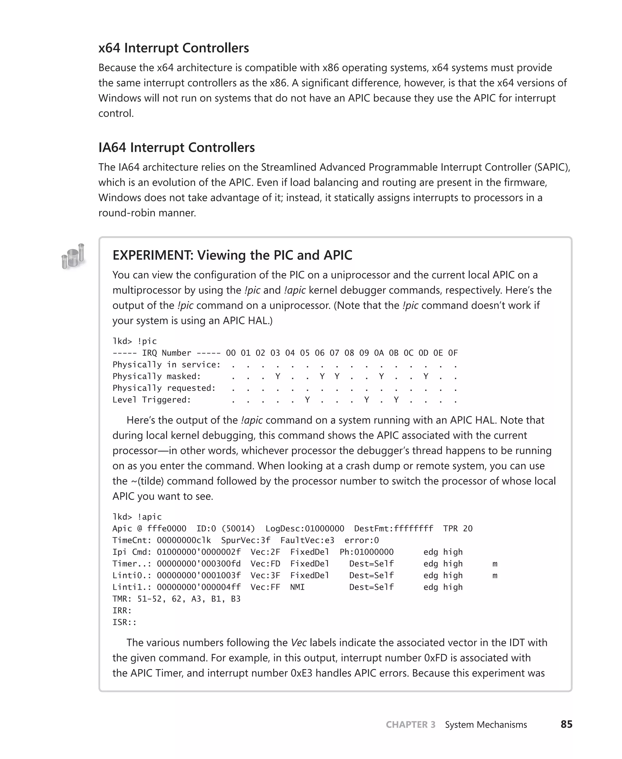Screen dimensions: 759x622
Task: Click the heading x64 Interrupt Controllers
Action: click(173, 48)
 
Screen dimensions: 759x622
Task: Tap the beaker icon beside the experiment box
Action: click(73, 256)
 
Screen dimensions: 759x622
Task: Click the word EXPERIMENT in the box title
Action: click(153, 255)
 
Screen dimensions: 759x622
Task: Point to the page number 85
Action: click(566, 724)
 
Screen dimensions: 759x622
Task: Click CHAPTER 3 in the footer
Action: click(410, 724)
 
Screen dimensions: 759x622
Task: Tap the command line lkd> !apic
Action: click(137, 516)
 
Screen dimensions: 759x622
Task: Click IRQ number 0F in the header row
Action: click(453, 353)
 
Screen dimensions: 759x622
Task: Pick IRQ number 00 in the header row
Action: click(231, 353)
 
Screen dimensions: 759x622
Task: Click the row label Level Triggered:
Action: click(152, 400)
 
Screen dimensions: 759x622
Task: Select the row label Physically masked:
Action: click(157, 376)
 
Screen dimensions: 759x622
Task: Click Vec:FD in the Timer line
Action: click(265, 563)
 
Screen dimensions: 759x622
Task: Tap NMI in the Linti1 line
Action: click(297, 587)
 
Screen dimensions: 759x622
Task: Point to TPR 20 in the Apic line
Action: click(458, 528)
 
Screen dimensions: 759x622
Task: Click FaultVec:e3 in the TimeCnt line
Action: click(307, 540)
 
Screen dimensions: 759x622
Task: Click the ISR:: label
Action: click(124, 622)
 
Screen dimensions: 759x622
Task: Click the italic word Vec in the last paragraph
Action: click(299, 643)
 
